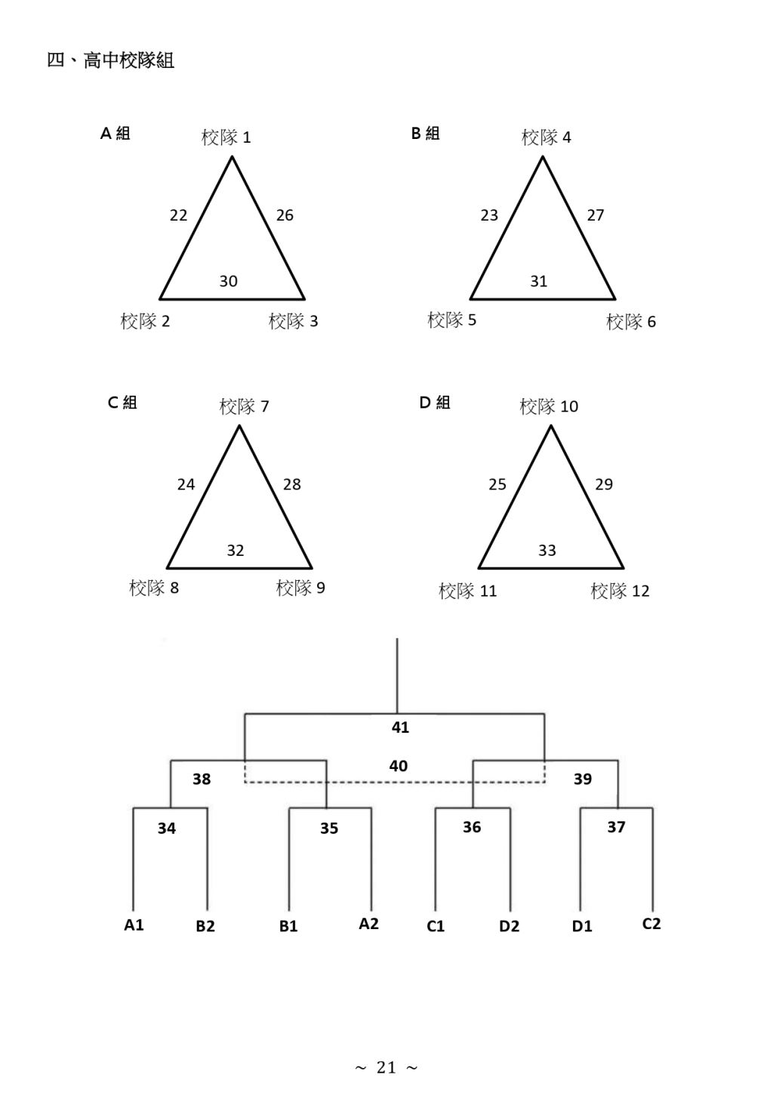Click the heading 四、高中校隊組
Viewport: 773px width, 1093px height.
pos(111,60)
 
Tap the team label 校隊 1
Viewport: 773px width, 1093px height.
pos(226,137)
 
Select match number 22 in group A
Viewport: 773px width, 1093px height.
pos(178,215)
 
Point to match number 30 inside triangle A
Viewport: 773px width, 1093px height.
pos(228,281)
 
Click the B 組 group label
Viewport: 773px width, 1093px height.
pos(425,133)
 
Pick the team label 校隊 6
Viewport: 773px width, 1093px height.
pos(631,322)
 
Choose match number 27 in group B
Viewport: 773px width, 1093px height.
pos(596,215)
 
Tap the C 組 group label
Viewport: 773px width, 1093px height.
pos(122,403)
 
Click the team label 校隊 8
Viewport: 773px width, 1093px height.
pos(154,588)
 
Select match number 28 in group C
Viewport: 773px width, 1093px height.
pos(292,484)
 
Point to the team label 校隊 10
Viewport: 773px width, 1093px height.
pos(549,406)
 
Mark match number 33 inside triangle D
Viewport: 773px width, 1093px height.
pos(547,551)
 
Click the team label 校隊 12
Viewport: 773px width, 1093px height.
pos(620,591)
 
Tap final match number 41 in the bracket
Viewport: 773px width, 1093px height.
pos(400,727)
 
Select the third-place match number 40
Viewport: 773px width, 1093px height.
pos(399,766)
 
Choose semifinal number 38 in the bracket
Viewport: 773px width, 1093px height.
pos(202,779)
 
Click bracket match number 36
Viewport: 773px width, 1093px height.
pos(472,827)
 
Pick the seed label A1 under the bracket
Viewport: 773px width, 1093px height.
pos(134,925)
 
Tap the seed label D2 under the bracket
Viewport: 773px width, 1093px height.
pos(509,926)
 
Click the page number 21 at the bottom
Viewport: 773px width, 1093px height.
pos(386,1067)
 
